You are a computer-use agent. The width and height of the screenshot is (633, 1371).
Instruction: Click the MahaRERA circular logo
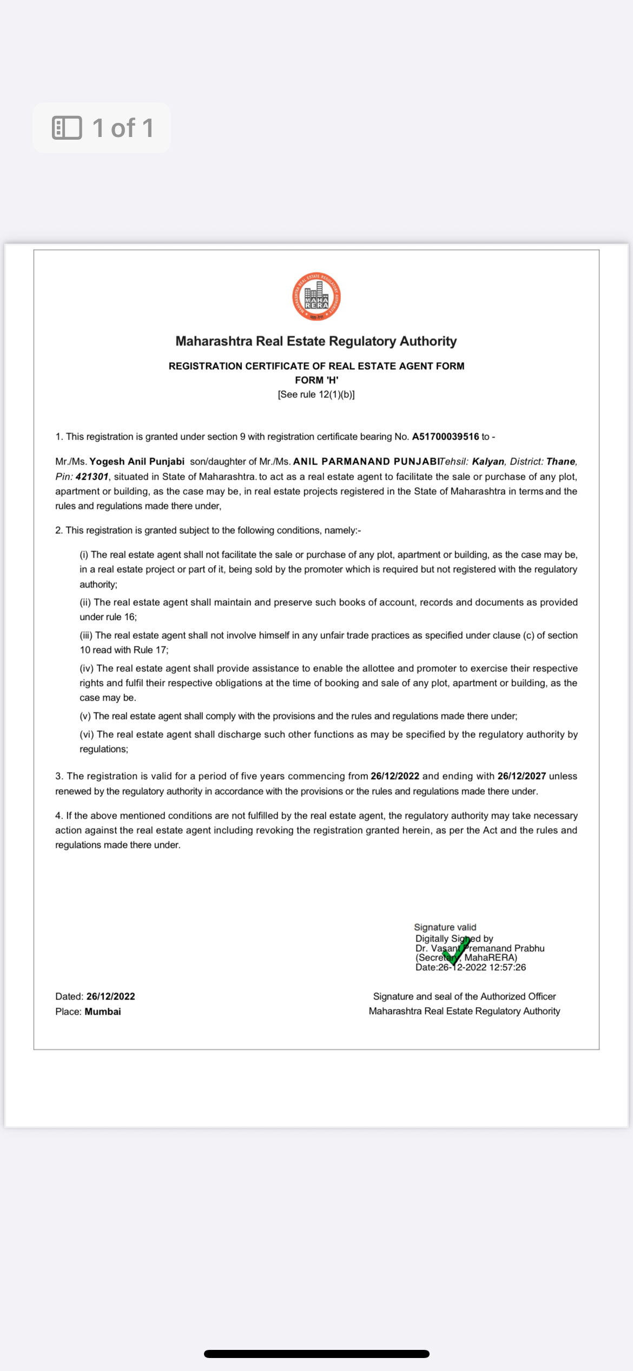(x=316, y=297)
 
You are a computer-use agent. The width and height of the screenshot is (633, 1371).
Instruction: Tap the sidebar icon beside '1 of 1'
(x=67, y=128)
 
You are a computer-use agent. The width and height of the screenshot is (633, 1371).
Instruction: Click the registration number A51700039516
(x=445, y=436)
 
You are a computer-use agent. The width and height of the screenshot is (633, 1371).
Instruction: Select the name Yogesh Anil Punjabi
(x=137, y=461)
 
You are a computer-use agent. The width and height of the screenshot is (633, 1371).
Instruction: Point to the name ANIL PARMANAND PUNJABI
(x=366, y=461)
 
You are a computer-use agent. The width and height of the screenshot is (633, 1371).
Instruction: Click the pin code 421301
(x=92, y=476)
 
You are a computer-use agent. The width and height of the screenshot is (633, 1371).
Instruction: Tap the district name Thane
(x=561, y=461)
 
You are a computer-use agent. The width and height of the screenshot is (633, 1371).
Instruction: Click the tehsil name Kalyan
(x=488, y=461)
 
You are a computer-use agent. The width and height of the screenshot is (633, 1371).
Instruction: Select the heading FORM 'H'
(x=316, y=380)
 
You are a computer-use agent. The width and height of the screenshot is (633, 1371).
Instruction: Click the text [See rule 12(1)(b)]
(x=316, y=394)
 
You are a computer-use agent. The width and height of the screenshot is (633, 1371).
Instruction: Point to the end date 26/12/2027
(x=522, y=776)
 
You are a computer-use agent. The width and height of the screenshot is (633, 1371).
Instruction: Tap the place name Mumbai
(x=103, y=1011)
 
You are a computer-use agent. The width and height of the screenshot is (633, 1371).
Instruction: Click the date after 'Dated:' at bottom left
(x=111, y=996)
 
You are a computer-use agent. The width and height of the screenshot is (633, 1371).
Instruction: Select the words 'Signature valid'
(x=445, y=927)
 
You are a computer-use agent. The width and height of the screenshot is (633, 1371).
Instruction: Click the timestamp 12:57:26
(x=507, y=967)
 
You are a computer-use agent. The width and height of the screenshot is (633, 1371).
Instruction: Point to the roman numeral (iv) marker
(x=87, y=668)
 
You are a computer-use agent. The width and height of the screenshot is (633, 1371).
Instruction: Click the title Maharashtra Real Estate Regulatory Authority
(x=316, y=341)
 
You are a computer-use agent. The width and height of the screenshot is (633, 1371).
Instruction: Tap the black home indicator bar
(x=316, y=1354)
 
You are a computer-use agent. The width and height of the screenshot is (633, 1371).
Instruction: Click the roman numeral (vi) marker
(x=87, y=734)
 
